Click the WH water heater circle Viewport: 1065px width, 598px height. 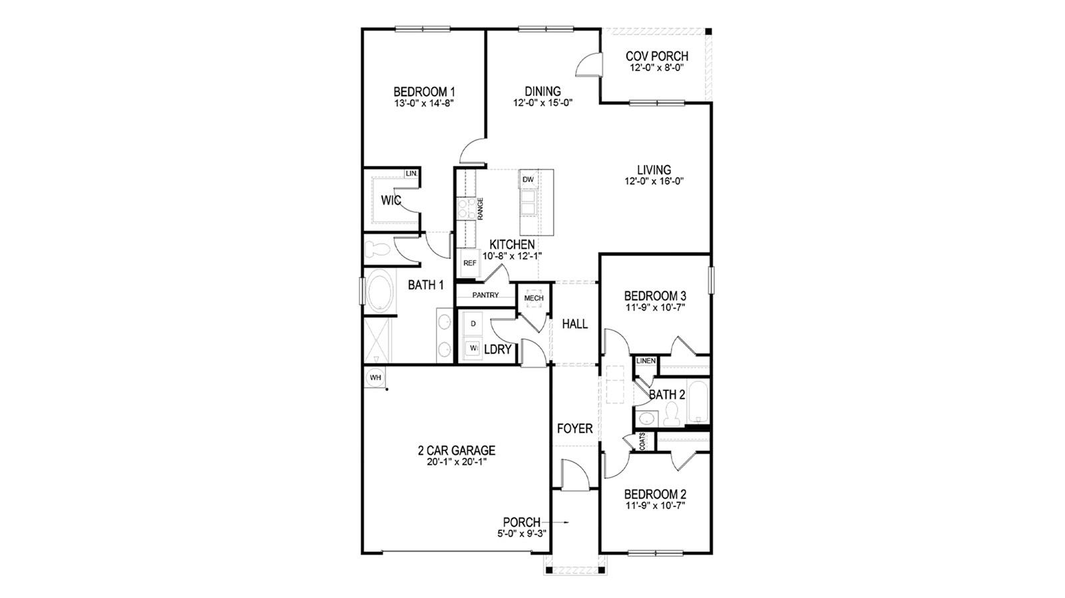tap(375, 378)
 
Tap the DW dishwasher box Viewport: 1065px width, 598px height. tap(528, 180)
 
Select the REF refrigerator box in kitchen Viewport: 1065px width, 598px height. tap(470, 263)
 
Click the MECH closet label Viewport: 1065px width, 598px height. tap(534, 298)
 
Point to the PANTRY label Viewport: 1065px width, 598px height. tap(485, 295)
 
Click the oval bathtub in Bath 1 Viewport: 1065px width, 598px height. tap(379, 291)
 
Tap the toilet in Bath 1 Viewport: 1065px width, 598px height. tap(377, 249)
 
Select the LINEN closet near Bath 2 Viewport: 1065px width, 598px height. tap(646, 361)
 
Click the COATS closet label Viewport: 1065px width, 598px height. tap(642, 442)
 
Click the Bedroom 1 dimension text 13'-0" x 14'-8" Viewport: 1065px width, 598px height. tap(424, 103)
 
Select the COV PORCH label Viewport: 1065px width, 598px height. tap(657, 57)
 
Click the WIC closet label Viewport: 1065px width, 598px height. tap(391, 200)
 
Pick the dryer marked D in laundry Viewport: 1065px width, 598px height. tap(473, 323)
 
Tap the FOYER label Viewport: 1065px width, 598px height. tap(574, 429)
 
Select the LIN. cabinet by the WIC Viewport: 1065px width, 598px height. tap(412, 174)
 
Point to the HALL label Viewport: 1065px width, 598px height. tap(574, 324)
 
